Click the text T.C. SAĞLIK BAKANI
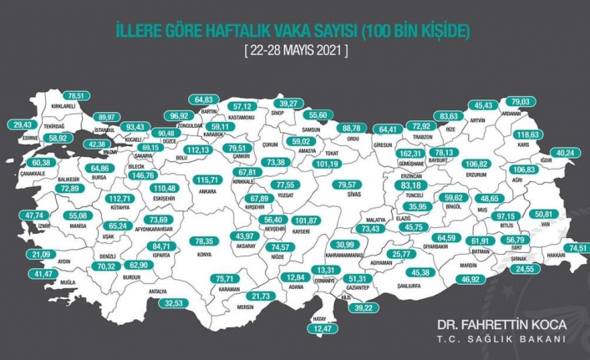tap(501, 339)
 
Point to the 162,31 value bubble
tap(410, 155)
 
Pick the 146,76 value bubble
tap(145, 175)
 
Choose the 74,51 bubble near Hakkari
tap(576, 248)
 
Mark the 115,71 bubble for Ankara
tap(206, 180)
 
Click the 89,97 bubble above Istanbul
tap(108, 118)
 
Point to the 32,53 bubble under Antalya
tap(174, 302)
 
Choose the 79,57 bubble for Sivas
tap(345, 185)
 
